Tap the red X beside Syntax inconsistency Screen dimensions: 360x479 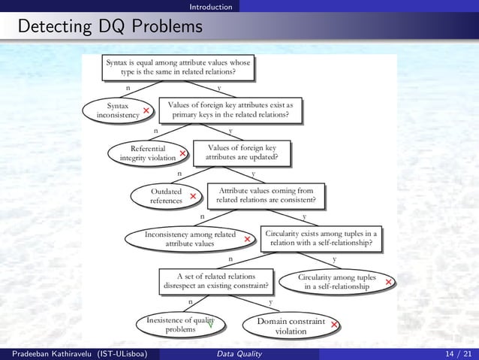pyautogui.click(x=146, y=111)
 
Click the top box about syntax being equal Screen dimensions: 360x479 pyautogui.click(x=177, y=66)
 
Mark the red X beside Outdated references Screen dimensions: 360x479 pyautogui.click(x=194, y=197)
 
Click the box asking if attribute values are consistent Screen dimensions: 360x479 pyautogui.click(x=270, y=195)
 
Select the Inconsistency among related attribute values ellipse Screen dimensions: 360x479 pyautogui.click(x=191, y=238)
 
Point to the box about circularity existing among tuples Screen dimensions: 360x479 pyautogui.click(x=321, y=238)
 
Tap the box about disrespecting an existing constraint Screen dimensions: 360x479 pyautogui.click(x=217, y=280)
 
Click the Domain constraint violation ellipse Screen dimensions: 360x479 pyautogui.click(x=291, y=325)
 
